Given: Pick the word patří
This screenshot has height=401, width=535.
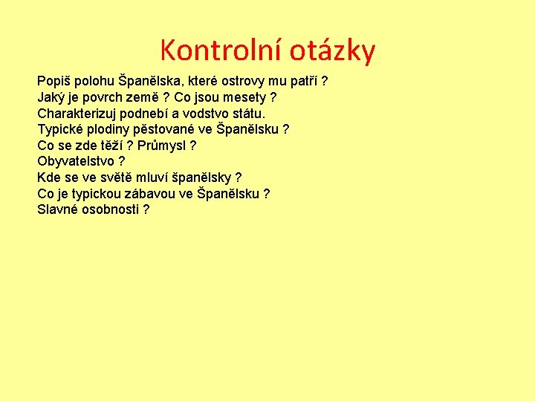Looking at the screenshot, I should click(x=306, y=81).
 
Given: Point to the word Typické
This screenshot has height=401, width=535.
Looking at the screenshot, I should click(x=62, y=129).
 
